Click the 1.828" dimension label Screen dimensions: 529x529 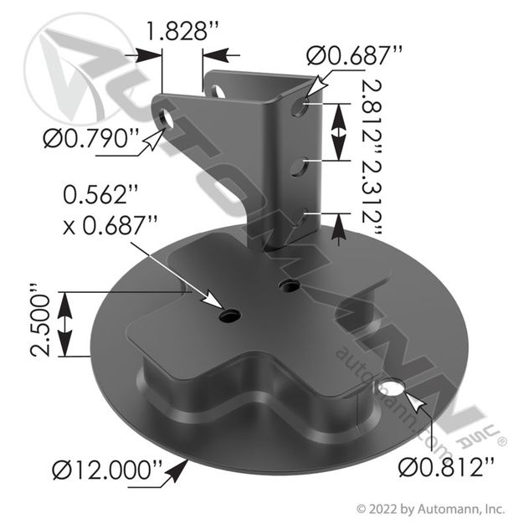point(183,31)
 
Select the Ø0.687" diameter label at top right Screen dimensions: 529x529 point(355,55)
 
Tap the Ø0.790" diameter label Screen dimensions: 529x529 point(91,139)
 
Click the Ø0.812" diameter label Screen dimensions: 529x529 point(446,468)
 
